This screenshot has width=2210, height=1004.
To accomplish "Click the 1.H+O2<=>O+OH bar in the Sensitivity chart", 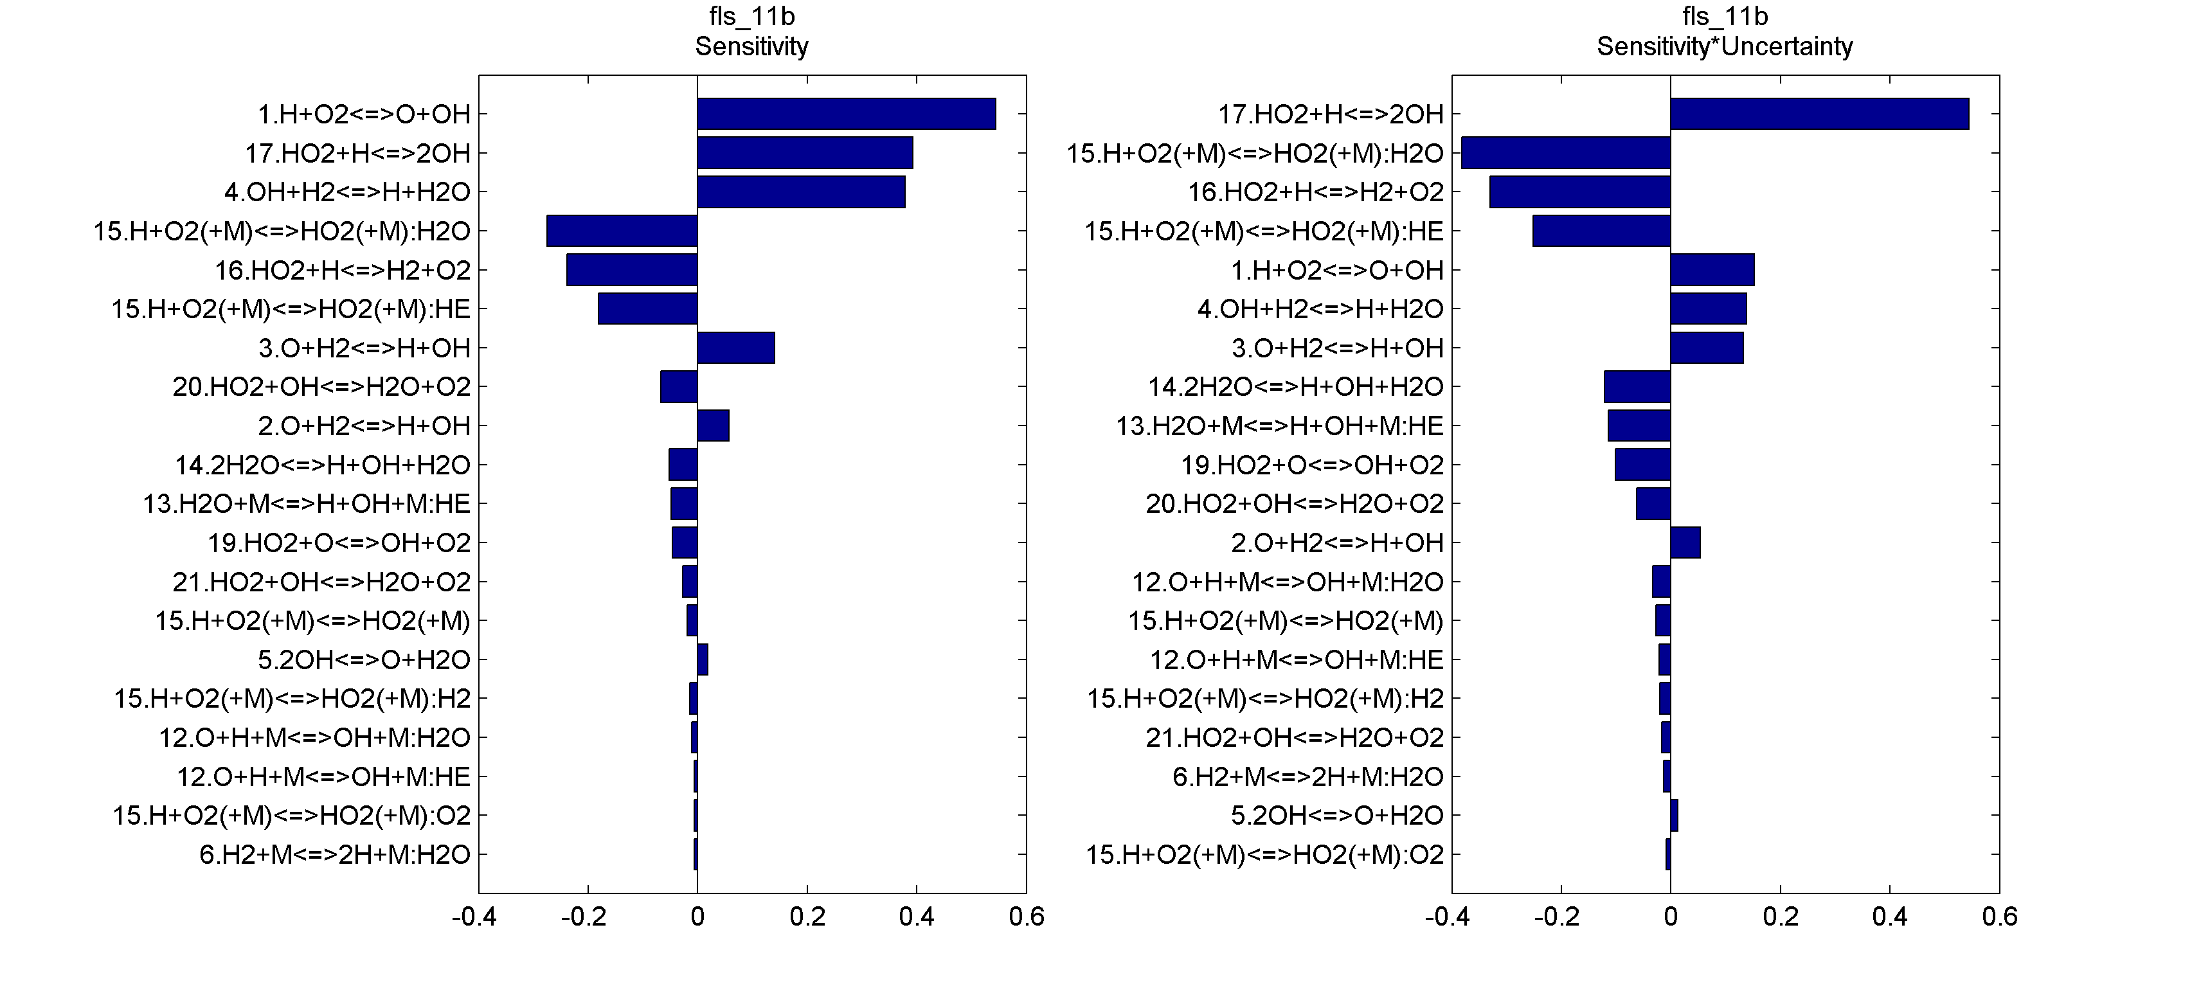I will [x=846, y=113].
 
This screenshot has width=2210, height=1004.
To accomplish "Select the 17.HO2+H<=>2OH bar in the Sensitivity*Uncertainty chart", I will [x=1819, y=113].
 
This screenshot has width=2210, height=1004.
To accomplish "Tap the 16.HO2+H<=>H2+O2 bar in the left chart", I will [x=631, y=269].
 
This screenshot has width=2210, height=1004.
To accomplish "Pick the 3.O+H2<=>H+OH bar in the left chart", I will [x=736, y=348].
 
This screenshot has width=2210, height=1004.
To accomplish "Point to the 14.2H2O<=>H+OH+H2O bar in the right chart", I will [x=1637, y=386].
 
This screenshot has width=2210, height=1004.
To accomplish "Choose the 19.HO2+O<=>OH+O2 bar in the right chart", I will [x=1642, y=464].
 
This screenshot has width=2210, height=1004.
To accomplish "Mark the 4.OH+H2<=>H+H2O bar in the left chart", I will [x=800, y=192].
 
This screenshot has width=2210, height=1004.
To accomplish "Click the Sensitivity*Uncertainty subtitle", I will [x=1725, y=46].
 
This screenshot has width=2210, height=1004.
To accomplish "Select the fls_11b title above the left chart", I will [x=751, y=16].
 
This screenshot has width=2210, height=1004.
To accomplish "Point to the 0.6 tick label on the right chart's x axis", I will [x=1999, y=917].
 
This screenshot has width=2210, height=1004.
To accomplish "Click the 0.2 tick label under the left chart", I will [x=807, y=917].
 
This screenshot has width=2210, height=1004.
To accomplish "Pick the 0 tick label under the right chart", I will [x=1671, y=917].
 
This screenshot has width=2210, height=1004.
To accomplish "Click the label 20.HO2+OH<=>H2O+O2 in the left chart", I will [x=321, y=387].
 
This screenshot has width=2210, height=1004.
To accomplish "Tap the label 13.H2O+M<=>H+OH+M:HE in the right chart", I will [x=1279, y=426].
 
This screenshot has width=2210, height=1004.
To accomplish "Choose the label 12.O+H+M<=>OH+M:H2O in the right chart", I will [x=1287, y=582].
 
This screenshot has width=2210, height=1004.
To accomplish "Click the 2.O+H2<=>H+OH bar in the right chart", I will [x=1685, y=542].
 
